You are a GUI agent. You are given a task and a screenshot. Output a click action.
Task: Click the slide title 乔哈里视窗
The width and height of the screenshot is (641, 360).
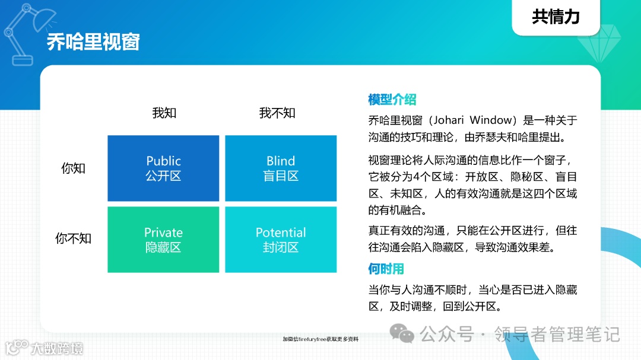click(x=93, y=43)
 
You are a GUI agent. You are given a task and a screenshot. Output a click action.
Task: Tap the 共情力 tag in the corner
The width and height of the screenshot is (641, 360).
click(x=556, y=17)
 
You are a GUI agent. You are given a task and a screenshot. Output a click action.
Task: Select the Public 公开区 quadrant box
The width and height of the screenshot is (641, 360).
click(x=163, y=168)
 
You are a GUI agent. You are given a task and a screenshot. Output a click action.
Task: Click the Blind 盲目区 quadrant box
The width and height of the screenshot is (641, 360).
click(x=281, y=168)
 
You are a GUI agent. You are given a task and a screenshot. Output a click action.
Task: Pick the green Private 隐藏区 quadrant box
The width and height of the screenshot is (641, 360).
click(x=163, y=240)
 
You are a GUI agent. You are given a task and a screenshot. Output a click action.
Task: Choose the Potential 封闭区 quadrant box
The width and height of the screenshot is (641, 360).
click(x=281, y=240)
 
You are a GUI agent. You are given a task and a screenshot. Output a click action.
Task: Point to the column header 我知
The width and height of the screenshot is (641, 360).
click(x=164, y=113)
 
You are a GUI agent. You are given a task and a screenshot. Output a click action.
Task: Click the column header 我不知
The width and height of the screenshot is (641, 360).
click(x=277, y=113)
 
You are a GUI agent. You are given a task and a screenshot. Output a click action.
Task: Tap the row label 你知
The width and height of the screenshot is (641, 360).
click(x=74, y=168)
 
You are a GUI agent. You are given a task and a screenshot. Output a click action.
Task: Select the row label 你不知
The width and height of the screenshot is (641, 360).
click(x=74, y=238)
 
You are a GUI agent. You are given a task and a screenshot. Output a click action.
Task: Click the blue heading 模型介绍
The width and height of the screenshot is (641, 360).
click(x=392, y=99)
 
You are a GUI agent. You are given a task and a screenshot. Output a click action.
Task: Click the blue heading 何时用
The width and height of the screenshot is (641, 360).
click(x=386, y=269)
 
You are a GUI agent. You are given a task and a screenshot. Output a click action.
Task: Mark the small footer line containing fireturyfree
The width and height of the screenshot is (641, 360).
click(x=320, y=339)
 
